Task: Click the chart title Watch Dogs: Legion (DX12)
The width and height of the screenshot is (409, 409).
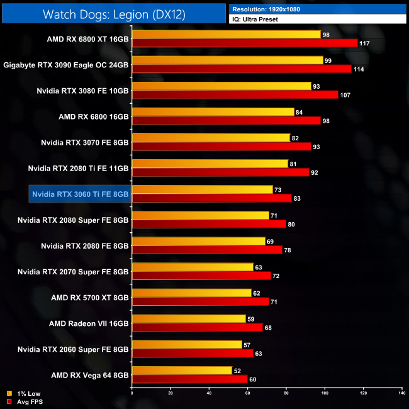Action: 113,14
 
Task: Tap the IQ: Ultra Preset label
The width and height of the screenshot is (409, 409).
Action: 255,20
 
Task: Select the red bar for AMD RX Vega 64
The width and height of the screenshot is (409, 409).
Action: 189,379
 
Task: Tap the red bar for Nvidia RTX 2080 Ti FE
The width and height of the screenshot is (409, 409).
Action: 220,172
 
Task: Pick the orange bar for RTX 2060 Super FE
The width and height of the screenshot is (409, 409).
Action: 187,344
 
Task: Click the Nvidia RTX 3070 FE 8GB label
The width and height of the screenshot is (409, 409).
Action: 84,142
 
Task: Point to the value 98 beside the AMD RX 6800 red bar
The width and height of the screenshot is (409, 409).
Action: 327,120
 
